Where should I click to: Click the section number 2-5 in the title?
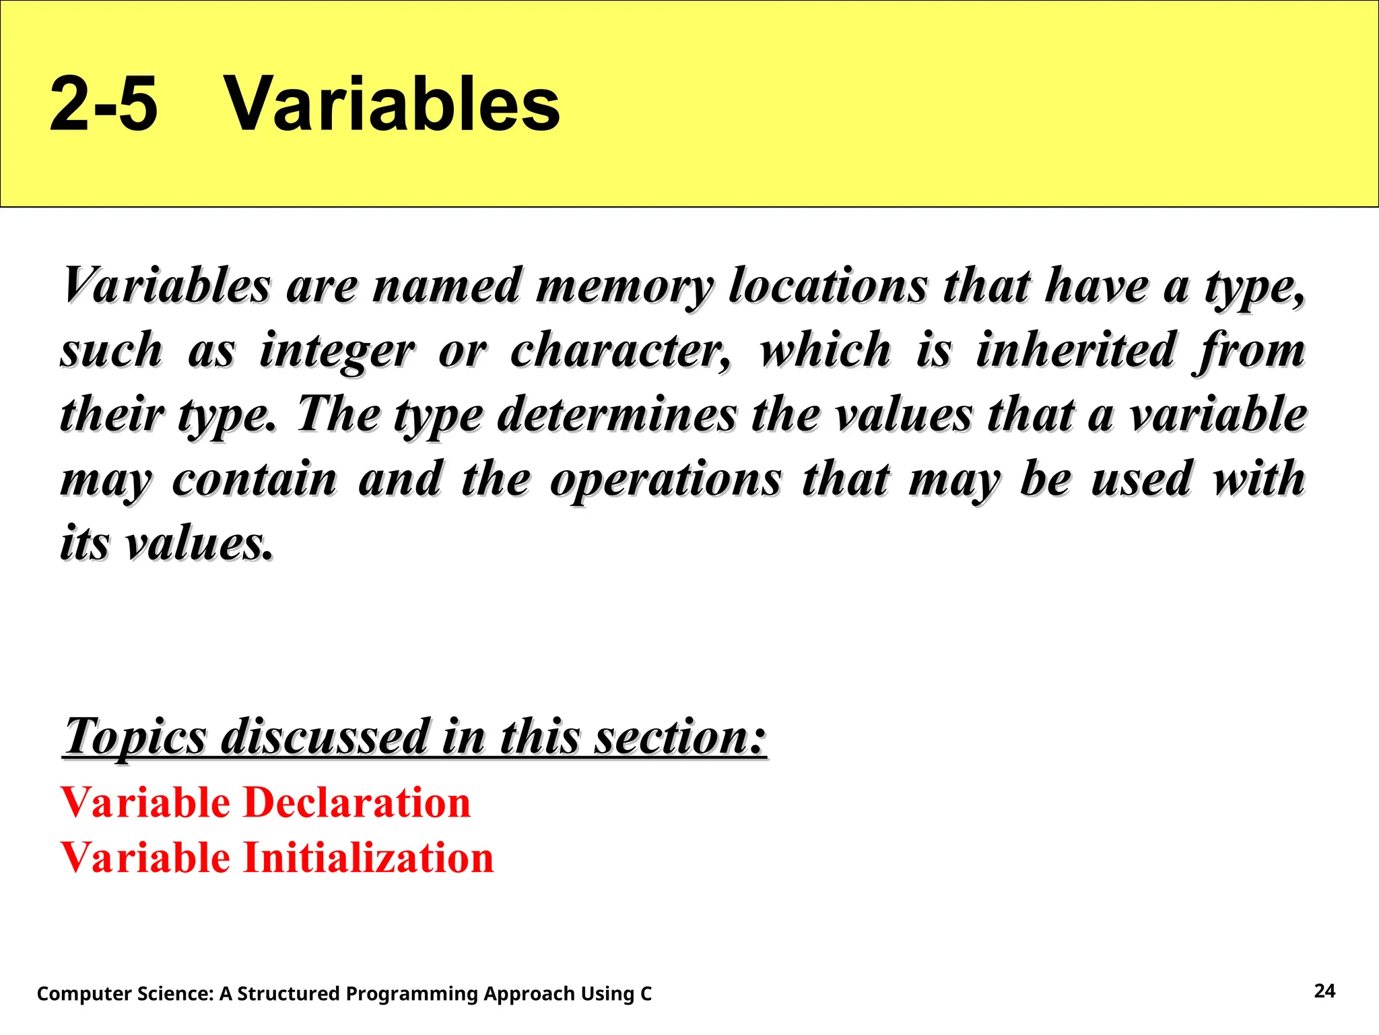pos(104,104)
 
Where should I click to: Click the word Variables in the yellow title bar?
pos(391,104)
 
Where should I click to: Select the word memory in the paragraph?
pos(624,286)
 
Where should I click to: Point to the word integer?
pos(337,350)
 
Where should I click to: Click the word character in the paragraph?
pos(619,350)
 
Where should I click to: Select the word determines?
pos(617,414)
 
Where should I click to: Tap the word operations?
pos(666,480)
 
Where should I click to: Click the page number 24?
pos(1324,991)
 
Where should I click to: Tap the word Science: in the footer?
pos(176,993)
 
